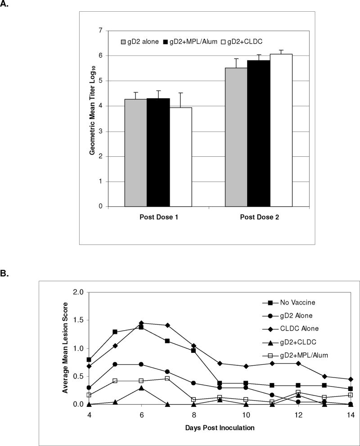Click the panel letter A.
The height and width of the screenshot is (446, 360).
(6, 7)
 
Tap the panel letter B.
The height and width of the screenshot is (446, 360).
(6, 273)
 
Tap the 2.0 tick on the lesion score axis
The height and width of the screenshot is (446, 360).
(79, 292)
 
